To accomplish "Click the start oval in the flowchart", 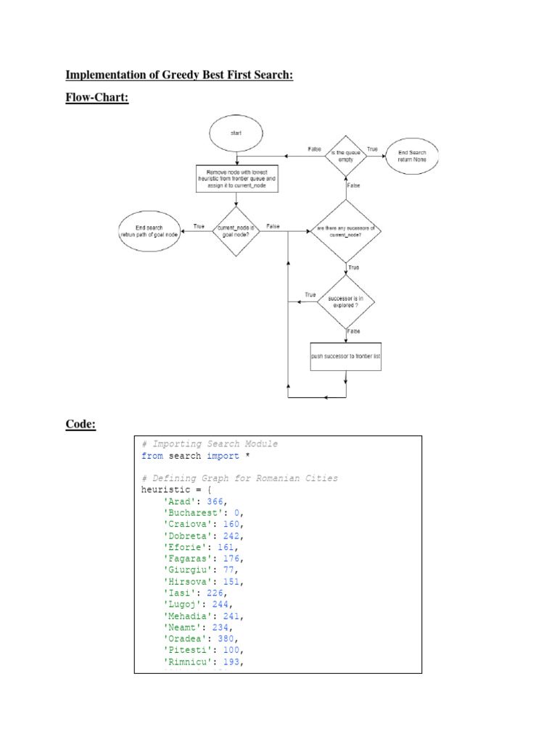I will click(236, 133).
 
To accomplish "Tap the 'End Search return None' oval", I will click(413, 154).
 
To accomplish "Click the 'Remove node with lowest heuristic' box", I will click(236, 179).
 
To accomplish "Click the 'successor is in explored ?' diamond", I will click(345, 300).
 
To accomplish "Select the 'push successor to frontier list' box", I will click(346, 356).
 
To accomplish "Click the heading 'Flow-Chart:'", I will click(96, 96).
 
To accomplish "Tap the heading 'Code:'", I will click(81, 424).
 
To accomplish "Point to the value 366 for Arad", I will click(215, 501).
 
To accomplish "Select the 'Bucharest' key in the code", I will click(192, 512).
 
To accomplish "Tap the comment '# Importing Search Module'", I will click(210, 443).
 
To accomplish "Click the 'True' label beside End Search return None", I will click(373, 149).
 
